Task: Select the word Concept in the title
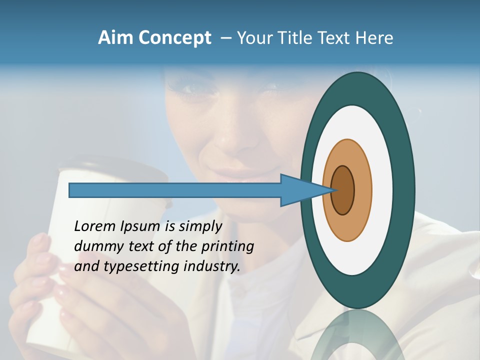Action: tap(174, 38)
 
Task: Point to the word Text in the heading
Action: tap(334, 38)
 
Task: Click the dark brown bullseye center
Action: tap(343, 190)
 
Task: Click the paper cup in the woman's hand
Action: tap(55, 280)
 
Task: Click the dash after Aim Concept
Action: tap(225, 38)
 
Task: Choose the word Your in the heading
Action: tap(254, 38)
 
